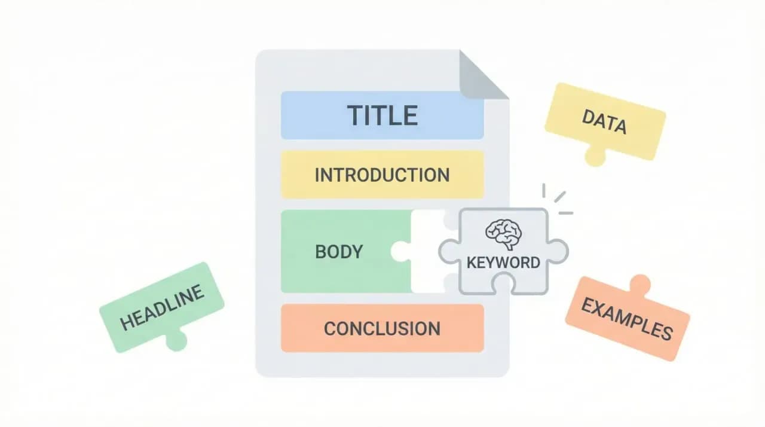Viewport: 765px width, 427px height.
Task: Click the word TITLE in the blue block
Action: (x=382, y=115)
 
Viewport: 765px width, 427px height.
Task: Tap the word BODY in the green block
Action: (x=339, y=251)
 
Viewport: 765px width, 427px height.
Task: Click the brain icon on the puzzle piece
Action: (x=503, y=233)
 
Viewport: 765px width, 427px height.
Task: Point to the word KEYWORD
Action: (x=503, y=262)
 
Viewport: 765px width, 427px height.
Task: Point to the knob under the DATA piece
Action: (x=595, y=157)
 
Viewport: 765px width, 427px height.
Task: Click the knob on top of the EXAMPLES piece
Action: (x=639, y=283)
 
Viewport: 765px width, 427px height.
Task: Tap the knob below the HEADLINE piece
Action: (x=176, y=340)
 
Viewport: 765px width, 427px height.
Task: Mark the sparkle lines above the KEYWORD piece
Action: (x=557, y=199)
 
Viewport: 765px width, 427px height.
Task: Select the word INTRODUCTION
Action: (x=382, y=175)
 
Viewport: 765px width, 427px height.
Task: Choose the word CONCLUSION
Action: (x=382, y=328)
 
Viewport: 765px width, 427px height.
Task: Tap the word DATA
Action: (x=604, y=121)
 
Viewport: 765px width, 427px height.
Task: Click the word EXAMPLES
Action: (x=627, y=319)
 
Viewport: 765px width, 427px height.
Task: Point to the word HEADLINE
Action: (x=162, y=306)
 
